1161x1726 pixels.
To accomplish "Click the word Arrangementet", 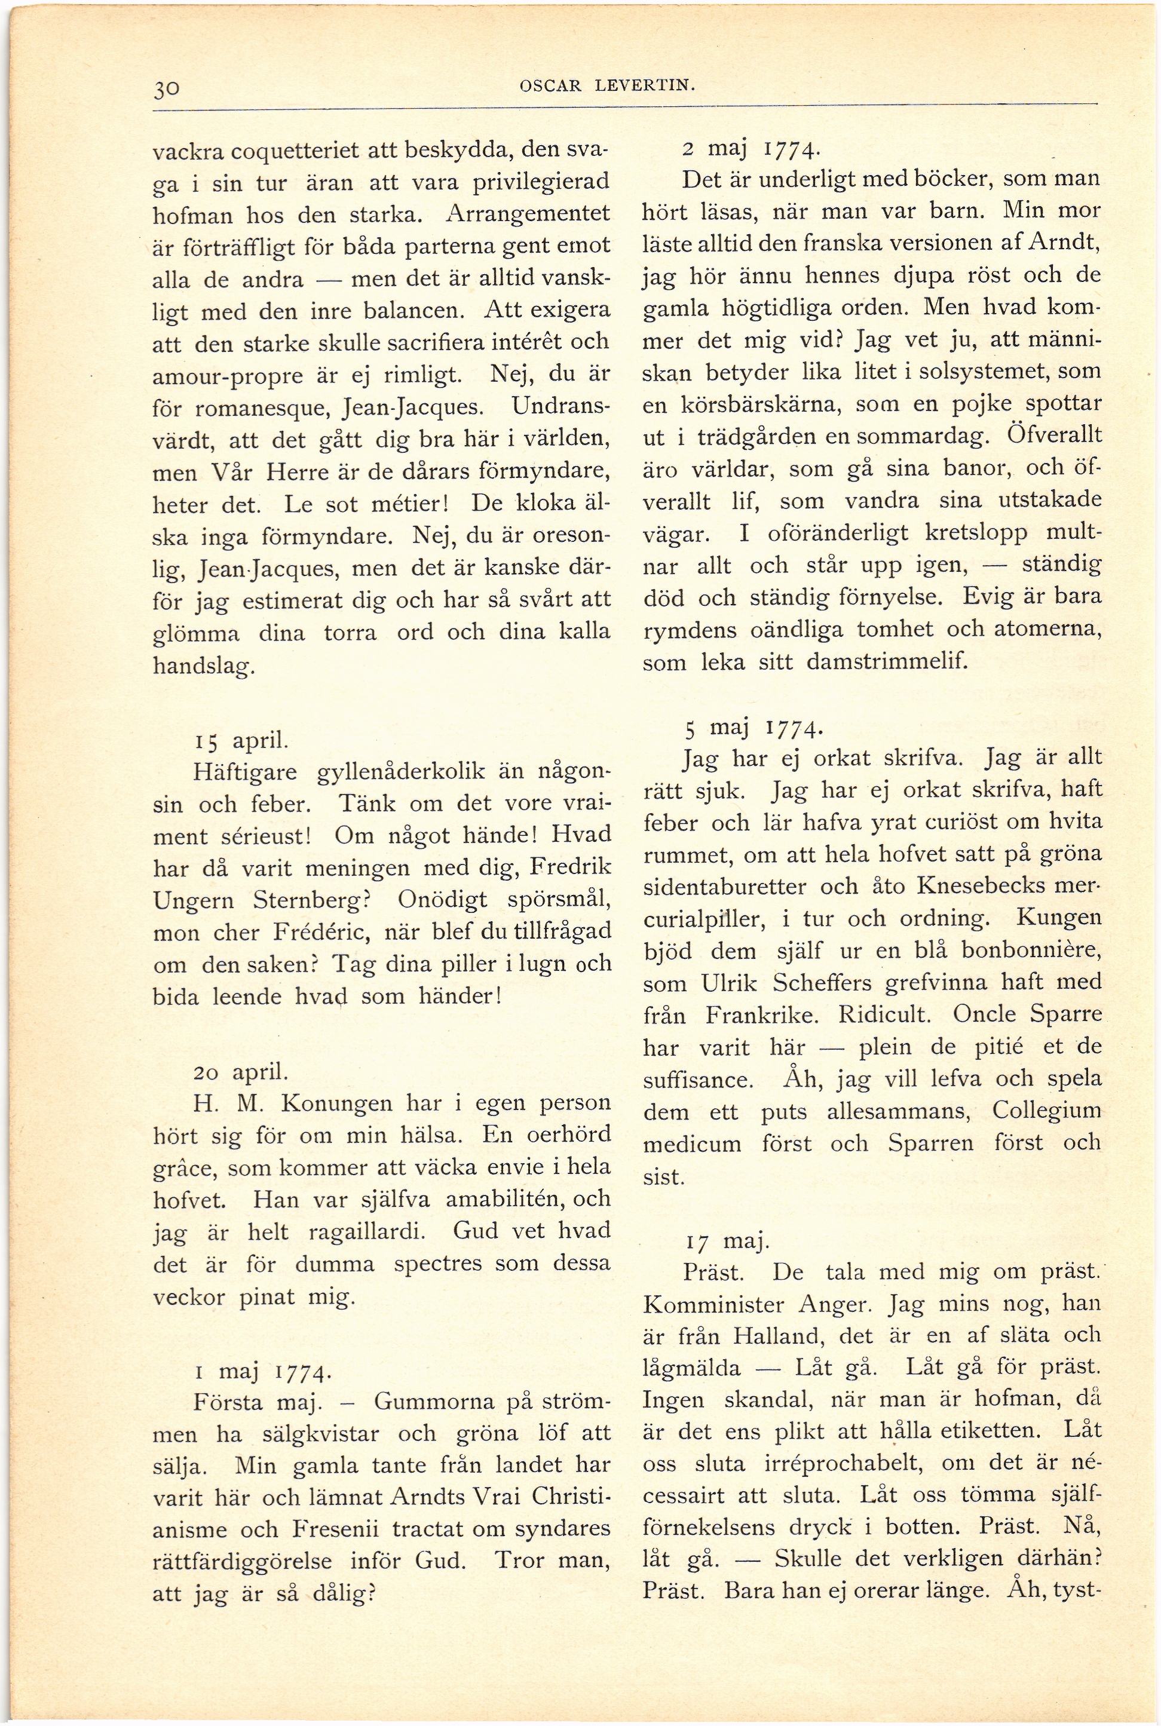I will pos(529,214).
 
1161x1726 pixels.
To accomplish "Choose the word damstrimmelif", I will pos(887,661).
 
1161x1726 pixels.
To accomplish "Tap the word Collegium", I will pos(1046,1111).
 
